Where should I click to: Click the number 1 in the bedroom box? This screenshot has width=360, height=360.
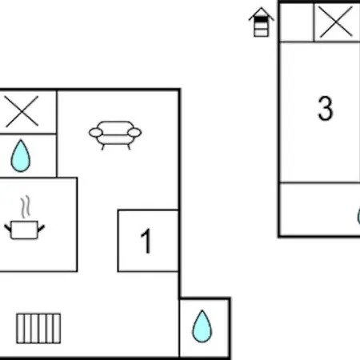(x=146, y=241)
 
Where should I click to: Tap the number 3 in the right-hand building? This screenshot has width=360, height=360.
(x=326, y=108)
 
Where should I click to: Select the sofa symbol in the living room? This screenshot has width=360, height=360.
(x=115, y=135)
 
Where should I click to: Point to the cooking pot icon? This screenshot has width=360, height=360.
(x=25, y=230)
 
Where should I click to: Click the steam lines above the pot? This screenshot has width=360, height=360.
(x=26, y=207)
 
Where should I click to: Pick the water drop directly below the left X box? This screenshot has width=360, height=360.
(x=21, y=156)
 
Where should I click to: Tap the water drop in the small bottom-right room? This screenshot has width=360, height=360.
(x=202, y=326)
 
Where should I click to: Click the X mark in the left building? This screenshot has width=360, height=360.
(x=22, y=111)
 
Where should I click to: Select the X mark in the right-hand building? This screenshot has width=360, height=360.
(x=336, y=22)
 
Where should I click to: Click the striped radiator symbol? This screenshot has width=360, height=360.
(x=38, y=328)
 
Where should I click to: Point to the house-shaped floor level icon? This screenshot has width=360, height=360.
(x=262, y=22)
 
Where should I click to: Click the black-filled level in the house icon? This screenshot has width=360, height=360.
(x=262, y=20)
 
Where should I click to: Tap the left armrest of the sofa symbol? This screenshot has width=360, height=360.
(x=96, y=133)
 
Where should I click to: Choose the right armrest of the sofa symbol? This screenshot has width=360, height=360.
(x=134, y=133)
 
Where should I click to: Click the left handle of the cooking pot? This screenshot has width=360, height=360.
(x=8, y=229)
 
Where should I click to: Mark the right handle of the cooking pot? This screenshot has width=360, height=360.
(x=41, y=229)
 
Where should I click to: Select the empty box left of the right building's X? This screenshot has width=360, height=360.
(x=297, y=22)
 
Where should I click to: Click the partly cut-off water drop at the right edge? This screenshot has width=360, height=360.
(x=358, y=216)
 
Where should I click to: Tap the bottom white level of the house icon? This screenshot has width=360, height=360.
(x=262, y=33)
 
